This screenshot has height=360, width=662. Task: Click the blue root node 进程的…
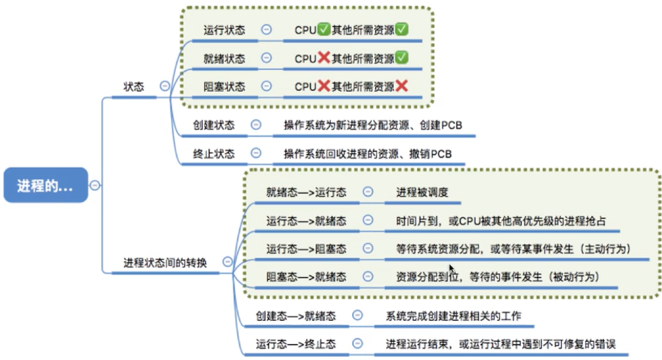tap(45, 185)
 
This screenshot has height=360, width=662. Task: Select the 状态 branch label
tap(134, 87)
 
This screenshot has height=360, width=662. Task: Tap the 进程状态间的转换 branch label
tap(165, 263)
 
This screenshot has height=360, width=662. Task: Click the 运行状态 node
tap(224, 30)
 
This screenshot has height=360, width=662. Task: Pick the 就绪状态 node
tap(224, 58)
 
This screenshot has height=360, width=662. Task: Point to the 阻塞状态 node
tap(224, 87)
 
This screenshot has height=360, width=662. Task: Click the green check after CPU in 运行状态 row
tap(324, 29)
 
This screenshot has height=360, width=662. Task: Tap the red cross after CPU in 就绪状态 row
tap(324, 58)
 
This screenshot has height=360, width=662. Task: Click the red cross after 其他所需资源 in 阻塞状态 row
tap(401, 86)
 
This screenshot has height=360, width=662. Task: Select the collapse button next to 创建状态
tap(256, 125)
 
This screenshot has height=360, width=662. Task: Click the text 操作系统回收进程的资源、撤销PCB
tap(369, 153)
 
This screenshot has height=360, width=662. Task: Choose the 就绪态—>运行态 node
tap(306, 192)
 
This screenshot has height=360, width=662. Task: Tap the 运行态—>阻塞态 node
tap(306, 248)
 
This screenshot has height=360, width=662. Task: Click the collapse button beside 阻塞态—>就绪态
tap(368, 276)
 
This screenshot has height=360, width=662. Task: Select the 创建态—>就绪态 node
tap(296, 316)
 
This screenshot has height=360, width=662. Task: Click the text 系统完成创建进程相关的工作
tap(453, 316)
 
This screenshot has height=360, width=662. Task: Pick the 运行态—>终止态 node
tap(296, 344)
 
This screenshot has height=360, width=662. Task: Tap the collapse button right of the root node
tap(95, 185)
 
